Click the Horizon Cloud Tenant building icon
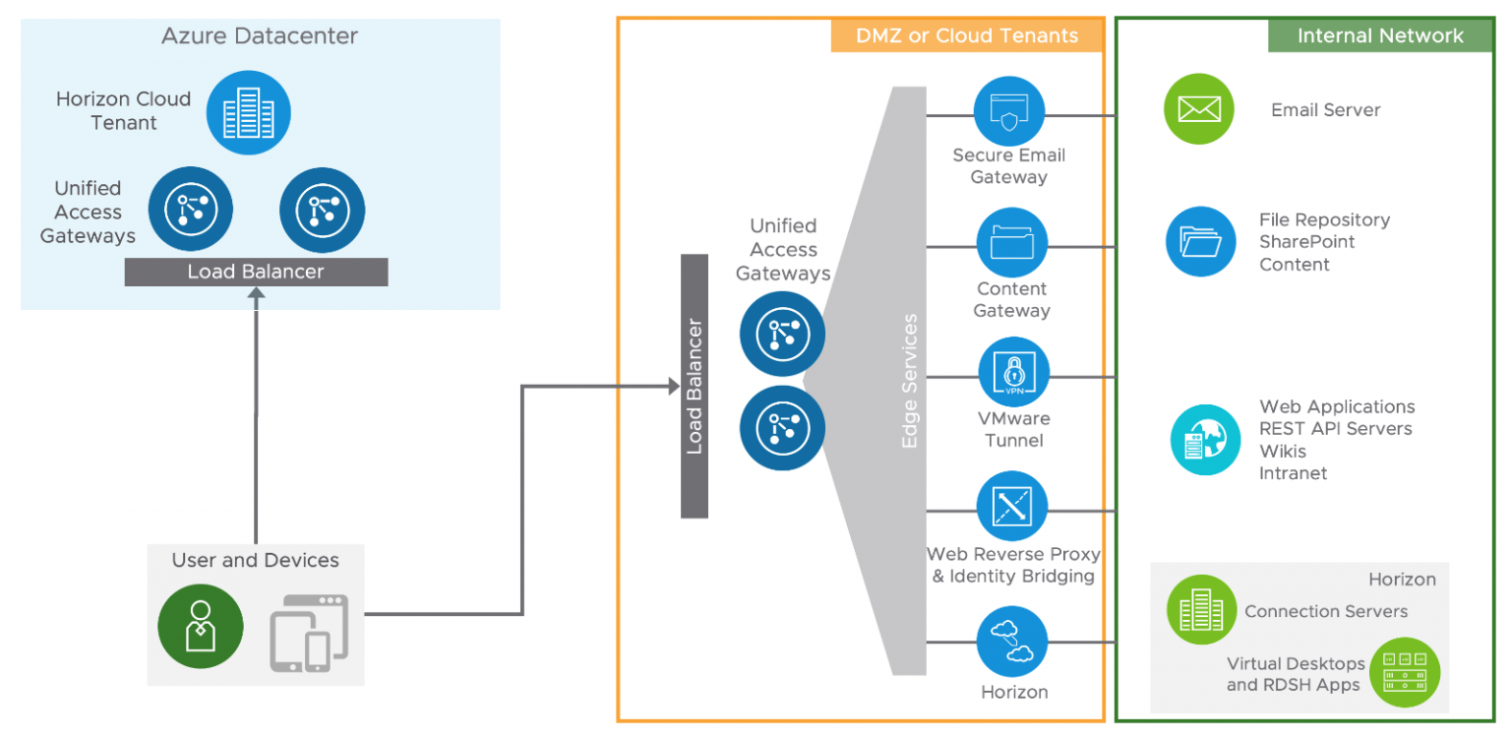(x=248, y=113)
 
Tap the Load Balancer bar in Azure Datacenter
(x=256, y=272)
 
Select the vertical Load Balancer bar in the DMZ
(x=695, y=386)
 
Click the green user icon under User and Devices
(x=201, y=626)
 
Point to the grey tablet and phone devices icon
(x=309, y=632)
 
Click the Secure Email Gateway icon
(x=1009, y=111)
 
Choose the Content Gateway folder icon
(x=1011, y=243)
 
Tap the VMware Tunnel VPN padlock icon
(x=1013, y=375)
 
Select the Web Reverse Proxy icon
(x=1011, y=507)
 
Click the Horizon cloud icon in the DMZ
(x=1011, y=641)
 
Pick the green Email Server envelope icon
(x=1198, y=109)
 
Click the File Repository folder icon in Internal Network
(x=1200, y=241)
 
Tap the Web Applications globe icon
(x=1205, y=440)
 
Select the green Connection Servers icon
(x=1201, y=610)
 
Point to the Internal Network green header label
(x=1380, y=36)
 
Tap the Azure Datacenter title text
(x=260, y=37)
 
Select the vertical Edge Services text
(x=909, y=382)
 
